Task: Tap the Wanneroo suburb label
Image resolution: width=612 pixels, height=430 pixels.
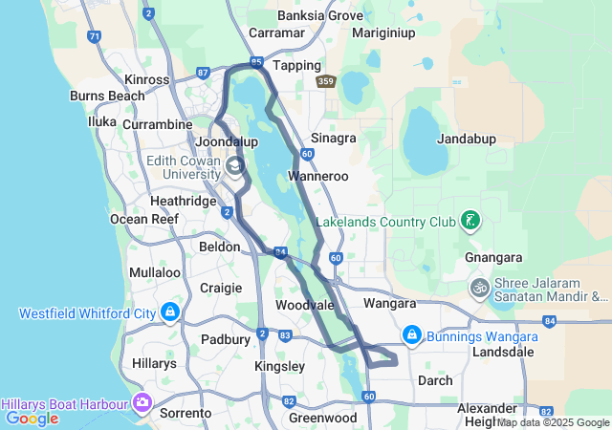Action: click(x=317, y=177)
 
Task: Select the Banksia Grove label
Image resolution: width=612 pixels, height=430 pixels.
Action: click(x=320, y=15)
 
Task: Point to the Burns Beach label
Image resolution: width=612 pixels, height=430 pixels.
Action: click(x=107, y=96)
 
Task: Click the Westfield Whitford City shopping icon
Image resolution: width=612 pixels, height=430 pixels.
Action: click(x=170, y=312)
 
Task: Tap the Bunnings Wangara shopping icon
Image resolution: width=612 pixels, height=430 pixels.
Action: click(x=412, y=333)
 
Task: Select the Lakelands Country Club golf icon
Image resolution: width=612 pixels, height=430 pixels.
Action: click(x=470, y=222)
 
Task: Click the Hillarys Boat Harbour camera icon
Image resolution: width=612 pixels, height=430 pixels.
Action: click(x=143, y=401)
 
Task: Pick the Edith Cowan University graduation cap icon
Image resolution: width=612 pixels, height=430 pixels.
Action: click(x=234, y=169)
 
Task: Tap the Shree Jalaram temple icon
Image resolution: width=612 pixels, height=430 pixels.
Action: click(x=479, y=287)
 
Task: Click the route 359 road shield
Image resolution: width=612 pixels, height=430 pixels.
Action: click(x=327, y=82)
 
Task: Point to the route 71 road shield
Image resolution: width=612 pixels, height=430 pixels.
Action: click(x=93, y=36)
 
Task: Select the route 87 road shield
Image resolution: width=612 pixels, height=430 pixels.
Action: click(x=203, y=72)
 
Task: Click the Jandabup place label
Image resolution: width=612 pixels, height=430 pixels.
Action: click(x=466, y=139)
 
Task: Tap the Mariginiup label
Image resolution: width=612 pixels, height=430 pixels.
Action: click(x=383, y=32)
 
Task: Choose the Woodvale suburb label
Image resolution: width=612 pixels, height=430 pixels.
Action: click(x=303, y=305)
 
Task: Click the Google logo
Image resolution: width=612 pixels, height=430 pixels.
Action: click(x=32, y=418)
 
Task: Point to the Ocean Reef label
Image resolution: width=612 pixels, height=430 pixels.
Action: click(x=144, y=219)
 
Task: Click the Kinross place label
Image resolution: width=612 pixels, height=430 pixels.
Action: click(x=147, y=80)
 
